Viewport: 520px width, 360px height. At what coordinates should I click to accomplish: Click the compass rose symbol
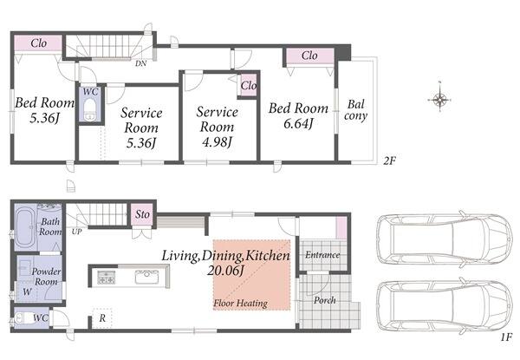pyautogui.click(x=439, y=99)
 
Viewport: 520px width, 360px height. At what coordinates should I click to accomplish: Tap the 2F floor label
pyautogui.click(x=390, y=161)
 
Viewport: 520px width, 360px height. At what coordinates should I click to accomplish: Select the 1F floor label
pyautogui.click(x=506, y=337)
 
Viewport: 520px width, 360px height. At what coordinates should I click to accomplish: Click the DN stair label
pyautogui.click(x=141, y=63)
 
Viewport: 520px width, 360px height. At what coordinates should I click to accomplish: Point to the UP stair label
pyautogui.click(x=76, y=232)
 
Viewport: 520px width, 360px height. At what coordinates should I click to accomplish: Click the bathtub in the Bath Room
pyautogui.click(x=24, y=227)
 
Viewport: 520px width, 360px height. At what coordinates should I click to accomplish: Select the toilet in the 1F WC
pyautogui.click(x=23, y=318)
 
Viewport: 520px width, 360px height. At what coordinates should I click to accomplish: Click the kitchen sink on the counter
pyautogui.click(x=146, y=277)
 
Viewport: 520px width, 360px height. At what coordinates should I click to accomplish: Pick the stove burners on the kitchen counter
pyautogui.click(x=106, y=278)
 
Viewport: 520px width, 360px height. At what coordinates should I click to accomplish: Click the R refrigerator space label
pyautogui.click(x=102, y=318)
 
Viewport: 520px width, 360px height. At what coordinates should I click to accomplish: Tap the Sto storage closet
pyautogui.click(x=142, y=214)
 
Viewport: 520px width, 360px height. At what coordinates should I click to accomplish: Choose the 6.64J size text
pyautogui.click(x=298, y=123)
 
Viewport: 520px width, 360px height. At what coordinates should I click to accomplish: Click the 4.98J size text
pyautogui.click(x=217, y=142)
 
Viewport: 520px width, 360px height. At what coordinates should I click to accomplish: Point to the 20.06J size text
pyautogui.click(x=225, y=271)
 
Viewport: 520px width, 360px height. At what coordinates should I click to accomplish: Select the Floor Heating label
pyautogui.click(x=240, y=303)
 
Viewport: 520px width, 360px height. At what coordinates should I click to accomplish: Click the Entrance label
pyautogui.click(x=322, y=255)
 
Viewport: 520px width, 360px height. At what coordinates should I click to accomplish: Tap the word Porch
pyautogui.click(x=325, y=300)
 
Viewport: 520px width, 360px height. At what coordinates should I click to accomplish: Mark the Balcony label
pyautogui.click(x=355, y=110)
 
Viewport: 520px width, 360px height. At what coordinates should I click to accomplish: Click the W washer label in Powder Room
pyautogui.click(x=27, y=292)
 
